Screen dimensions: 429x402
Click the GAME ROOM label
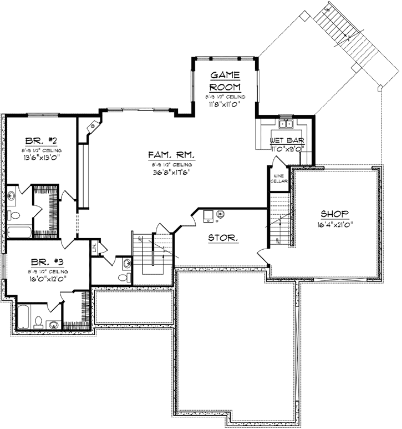click(x=225, y=80)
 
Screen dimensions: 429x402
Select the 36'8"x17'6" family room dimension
click(x=170, y=172)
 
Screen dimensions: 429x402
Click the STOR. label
click(x=223, y=238)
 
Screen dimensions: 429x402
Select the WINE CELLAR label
click(x=277, y=177)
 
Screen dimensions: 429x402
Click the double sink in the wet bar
click(x=287, y=124)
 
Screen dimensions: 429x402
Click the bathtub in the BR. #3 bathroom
click(x=24, y=318)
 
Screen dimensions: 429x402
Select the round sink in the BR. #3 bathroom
click(x=53, y=324)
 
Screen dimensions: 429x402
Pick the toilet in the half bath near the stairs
click(x=125, y=276)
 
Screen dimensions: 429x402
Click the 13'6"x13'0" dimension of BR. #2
click(x=43, y=157)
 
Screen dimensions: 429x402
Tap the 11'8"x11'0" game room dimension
click(x=225, y=103)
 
